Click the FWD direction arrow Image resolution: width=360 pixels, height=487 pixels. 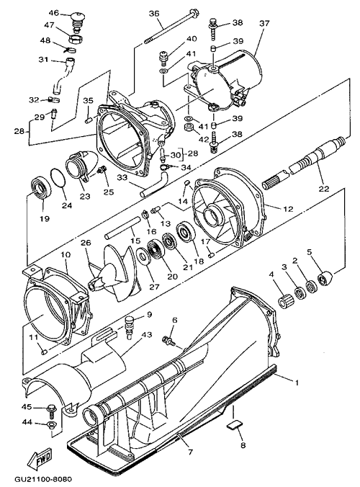click(40, 457)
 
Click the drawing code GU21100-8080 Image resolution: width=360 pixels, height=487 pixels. click(38, 479)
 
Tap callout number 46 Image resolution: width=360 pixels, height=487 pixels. click(54, 13)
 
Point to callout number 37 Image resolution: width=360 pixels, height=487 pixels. click(264, 23)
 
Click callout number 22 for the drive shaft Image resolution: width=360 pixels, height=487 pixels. click(323, 188)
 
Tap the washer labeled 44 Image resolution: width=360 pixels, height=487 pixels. click(50, 424)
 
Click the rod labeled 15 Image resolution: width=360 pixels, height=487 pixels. click(120, 228)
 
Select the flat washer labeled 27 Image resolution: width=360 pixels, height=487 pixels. click(143, 256)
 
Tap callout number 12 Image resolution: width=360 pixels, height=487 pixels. click(288, 209)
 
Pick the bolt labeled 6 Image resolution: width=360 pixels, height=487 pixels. click(168, 341)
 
